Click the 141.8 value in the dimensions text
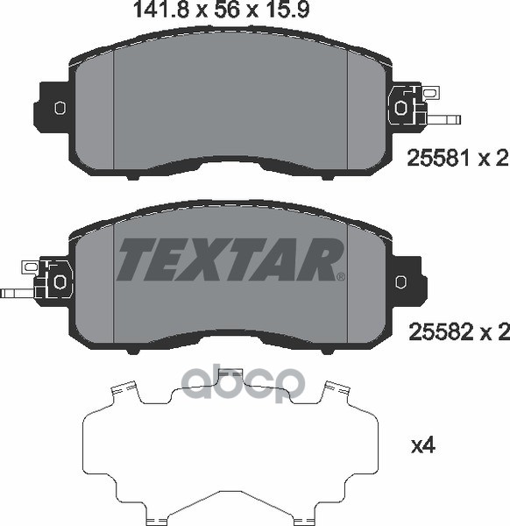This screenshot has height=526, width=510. pyautogui.click(x=151, y=12)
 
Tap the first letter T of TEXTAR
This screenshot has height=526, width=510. pyautogui.click(x=136, y=259)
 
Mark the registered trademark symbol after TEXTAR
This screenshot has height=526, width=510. pyautogui.click(x=340, y=277)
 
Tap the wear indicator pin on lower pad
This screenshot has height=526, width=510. pyautogui.click(x=16, y=293)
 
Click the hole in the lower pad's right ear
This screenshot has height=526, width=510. pyautogui.click(x=401, y=282)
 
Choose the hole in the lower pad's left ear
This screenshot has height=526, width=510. pyautogui.click(x=60, y=281)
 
